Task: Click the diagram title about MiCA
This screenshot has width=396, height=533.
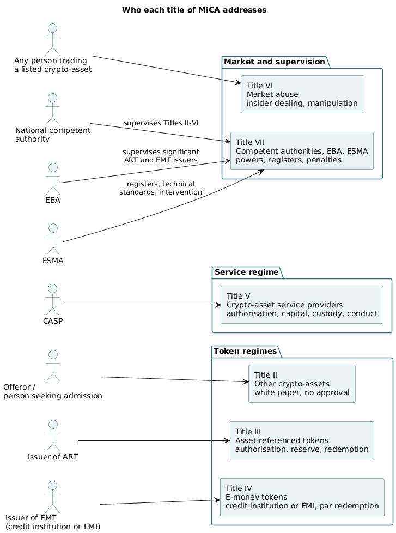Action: pyautogui.click(x=194, y=10)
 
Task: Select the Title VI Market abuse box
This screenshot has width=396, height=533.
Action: pyautogui.click(x=302, y=94)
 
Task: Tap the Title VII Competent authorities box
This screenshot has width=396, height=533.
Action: pyautogui.click(x=302, y=151)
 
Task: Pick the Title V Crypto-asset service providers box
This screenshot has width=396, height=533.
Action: pyautogui.click(x=302, y=305)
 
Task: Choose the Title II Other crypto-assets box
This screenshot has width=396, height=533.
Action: pyautogui.click(x=302, y=384)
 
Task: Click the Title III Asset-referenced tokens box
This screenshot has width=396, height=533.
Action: pyautogui.click(x=302, y=440)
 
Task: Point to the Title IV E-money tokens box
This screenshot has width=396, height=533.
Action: pyautogui.click(x=302, y=497)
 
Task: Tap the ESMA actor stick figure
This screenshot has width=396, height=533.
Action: pyautogui.click(x=53, y=239)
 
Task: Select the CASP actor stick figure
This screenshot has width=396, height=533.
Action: pyautogui.click(x=53, y=300)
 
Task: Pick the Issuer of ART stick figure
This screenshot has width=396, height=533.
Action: pyautogui.click(x=53, y=435)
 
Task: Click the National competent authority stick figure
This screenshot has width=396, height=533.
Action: pyautogui.click(x=53, y=109)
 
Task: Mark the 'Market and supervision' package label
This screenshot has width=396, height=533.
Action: pyautogui.click(x=275, y=62)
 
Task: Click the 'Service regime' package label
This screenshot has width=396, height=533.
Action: pyautogui.click(x=246, y=272)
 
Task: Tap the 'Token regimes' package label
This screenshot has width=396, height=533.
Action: pyautogui.click(x=245, y=351)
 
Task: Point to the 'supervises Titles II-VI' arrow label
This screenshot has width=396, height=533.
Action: pyautogui.click(x=161, y=123)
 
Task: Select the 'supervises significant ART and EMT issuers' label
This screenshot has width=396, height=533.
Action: pyautogui.click(x=161, y=156)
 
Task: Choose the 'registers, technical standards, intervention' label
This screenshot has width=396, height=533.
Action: pyautogui.click(x=161, y=188)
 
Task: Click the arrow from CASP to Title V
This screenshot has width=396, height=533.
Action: pyautogui.click(x=142, y=305)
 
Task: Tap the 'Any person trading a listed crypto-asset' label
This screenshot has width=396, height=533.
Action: pyautogui.click(x=53, y=65)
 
